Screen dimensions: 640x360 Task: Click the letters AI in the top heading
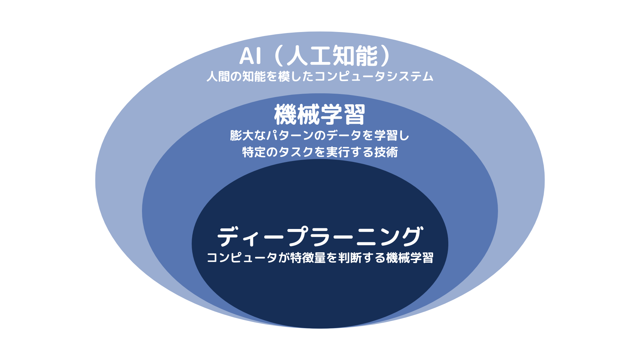(250, 56)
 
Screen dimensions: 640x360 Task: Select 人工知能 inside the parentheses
(332, 56)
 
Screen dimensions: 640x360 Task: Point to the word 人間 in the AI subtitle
(218, 77)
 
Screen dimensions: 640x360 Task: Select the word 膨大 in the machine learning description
(242, 136)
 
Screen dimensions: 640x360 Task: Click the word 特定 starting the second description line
(254, 152)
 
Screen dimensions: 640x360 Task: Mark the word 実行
(338, 152)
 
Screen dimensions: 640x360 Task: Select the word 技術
(386, 152)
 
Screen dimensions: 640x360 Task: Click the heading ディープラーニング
(320, 236)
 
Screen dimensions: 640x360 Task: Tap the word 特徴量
(308, 258)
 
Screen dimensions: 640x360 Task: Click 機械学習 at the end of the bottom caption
(410, 258)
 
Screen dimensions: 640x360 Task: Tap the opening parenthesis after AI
(279, 56)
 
